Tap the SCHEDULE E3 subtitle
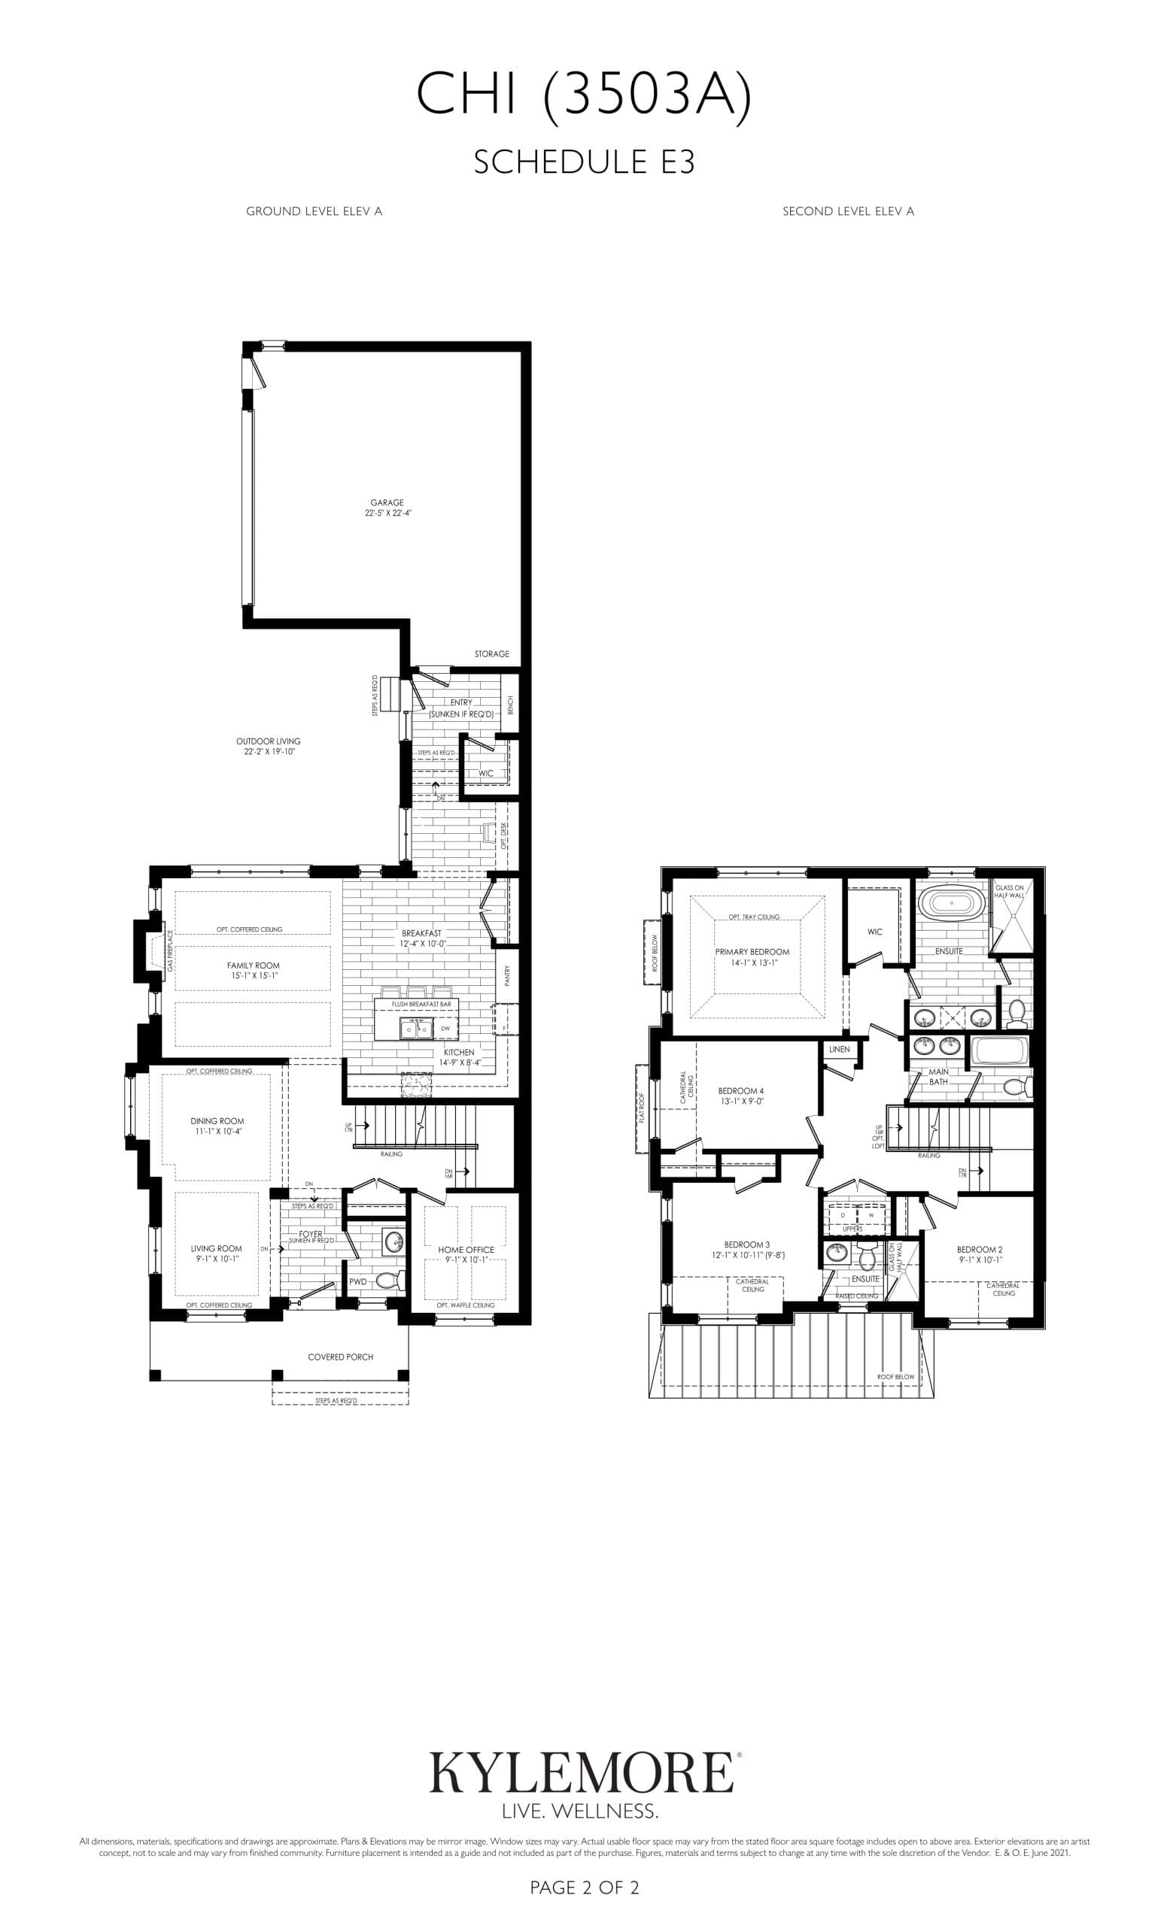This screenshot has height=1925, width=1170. click(x=584, y=162)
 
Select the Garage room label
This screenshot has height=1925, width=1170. click(x=387, y=508)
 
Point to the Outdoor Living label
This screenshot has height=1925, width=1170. click(x=268, y=746)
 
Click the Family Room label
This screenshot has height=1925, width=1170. click(x=254, y=970)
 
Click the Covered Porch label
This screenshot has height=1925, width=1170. click(x=340, y=1357)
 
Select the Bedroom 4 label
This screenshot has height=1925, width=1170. click(x=740, y=1096)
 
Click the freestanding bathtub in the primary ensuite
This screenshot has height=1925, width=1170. click(x=950, y=904)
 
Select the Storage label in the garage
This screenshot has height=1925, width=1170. click(x=491, y=654)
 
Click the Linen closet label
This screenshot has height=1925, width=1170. click(x=839, y=1049)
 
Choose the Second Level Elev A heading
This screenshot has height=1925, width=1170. click(x=848, y=211)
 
